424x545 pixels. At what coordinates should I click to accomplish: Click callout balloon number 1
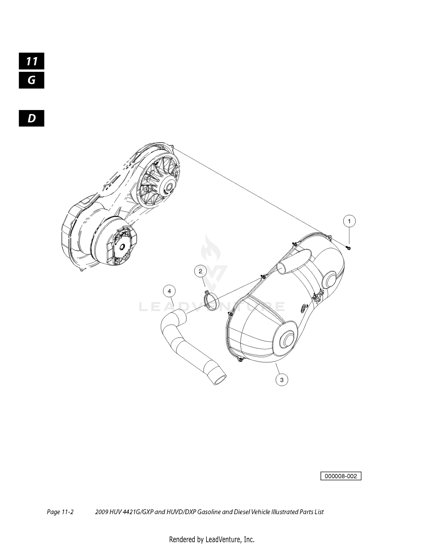coord(349,221)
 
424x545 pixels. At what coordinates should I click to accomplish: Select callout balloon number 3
coord(282,380)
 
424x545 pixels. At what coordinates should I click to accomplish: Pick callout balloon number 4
coord(169,291)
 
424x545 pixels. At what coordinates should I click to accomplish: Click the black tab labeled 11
coord(32,61)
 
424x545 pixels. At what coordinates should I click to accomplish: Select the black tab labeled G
coord(32,80)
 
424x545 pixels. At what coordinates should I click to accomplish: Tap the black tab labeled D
coord(32,118)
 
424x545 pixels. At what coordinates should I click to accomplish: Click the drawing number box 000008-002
coord(341,476)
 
